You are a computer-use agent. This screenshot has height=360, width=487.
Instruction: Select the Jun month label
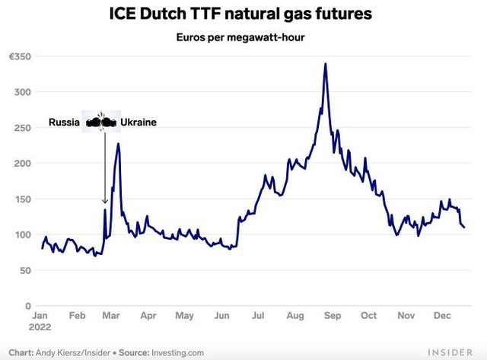(x=222, y=315)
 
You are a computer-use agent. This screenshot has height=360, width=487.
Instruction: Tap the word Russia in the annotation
(x=64, y=122)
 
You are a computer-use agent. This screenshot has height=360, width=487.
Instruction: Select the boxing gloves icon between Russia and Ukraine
(x=101, y=121)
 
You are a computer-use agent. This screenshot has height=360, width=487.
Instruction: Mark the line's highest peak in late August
(x=326, y=64)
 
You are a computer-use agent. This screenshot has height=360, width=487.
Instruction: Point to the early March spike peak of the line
(x=118, y=143)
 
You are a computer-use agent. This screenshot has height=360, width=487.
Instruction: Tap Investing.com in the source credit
(x=179, y=352)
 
